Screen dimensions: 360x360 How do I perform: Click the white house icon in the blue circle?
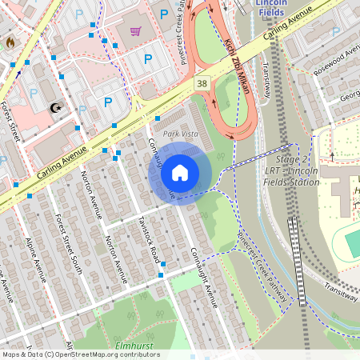pos(180,172)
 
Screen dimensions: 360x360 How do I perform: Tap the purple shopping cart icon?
pos(135,31)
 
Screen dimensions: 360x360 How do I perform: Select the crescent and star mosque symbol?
pos(55,107)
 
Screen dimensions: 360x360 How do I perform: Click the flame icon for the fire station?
pos(10,42)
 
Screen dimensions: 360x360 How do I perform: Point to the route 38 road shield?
pos(202,82)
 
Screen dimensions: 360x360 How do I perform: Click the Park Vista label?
pos(181,134)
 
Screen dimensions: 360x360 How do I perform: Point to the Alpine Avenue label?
pos(30,255)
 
